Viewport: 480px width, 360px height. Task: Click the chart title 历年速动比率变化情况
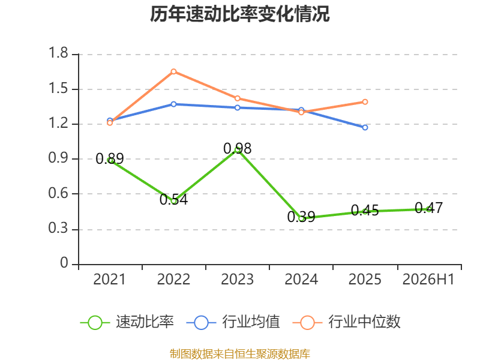pos(239,14)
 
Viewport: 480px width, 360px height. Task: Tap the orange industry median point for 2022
pos(173,71)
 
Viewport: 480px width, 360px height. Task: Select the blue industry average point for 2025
pos(365,127)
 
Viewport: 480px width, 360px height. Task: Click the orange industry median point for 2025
pos(365,101)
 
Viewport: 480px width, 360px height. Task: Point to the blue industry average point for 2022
pos(173,104)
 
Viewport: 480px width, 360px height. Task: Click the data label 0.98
pos(237,148)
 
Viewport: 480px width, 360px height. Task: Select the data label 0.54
pos(173,199)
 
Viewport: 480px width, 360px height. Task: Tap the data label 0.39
pos(301,217)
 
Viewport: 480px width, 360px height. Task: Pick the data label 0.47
pos(428,208)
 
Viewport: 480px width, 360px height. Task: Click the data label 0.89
pos(110,158)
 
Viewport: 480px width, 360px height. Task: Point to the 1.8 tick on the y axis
pos(58,53)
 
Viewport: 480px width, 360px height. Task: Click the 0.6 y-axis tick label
pos(58,193)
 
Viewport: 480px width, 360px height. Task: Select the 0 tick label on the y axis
pos(64,263)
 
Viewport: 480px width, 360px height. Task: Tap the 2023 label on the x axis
pos(237,279)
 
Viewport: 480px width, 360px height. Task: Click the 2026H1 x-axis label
pos(428,279)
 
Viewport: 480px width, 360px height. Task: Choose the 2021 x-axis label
pos(109,279)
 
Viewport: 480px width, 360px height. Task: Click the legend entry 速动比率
pos(127,322)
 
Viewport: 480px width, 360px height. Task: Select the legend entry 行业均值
pos(233,322)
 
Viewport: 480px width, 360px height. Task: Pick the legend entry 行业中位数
pos(347,322)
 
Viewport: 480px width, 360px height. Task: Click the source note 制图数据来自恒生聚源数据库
pos(239,354)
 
